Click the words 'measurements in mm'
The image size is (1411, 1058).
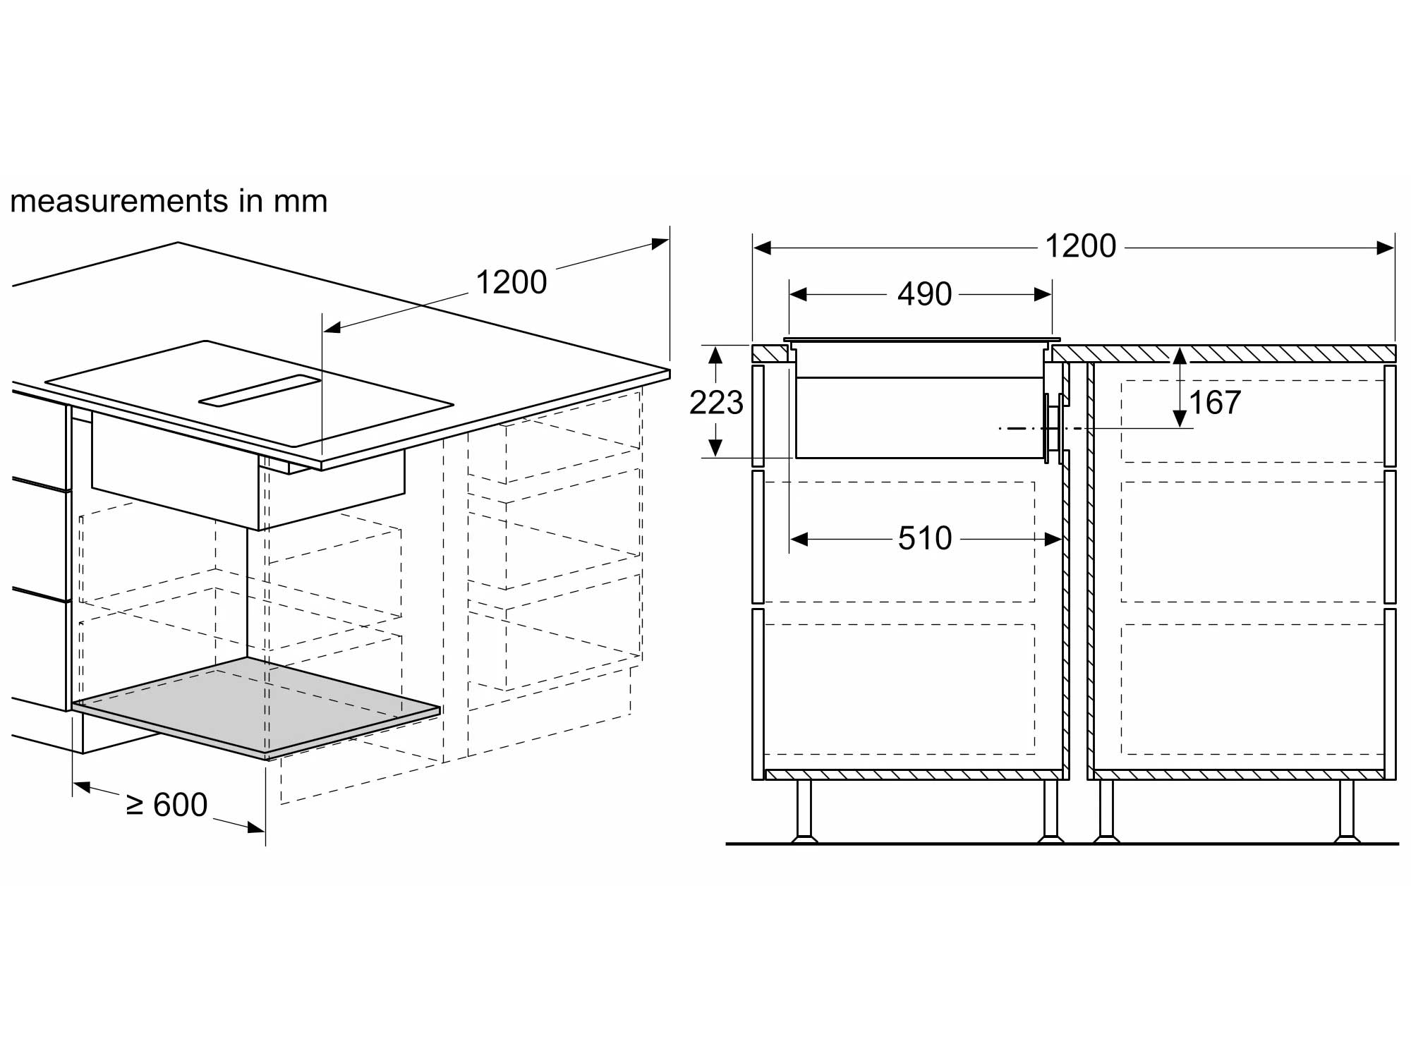click(x=169, y=201)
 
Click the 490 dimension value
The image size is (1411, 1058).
click(x=924, y=294)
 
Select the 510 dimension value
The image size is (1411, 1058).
click(x=924, y=539)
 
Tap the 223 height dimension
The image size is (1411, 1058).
click(x=716, y=403)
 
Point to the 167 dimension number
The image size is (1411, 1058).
click(x=1215, y=403)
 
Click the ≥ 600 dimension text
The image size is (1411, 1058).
click(x=166, y=805)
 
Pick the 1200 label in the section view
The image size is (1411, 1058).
click(x=1080, y=246)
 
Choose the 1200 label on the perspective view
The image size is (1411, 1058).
click(x=511, y=283)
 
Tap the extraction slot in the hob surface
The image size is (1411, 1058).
click(x=260, y=391)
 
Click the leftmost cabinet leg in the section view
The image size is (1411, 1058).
click(x=804, y=811)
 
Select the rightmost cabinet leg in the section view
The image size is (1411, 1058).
click(x=1346, y=811)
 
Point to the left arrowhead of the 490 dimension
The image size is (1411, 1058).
click(x=798, y=294)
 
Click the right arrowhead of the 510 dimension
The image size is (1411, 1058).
click(x=1053, y=540)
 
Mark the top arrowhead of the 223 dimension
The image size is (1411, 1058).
click(x=716, y=354)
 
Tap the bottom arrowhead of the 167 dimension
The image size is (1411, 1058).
click(x=1180, y=419)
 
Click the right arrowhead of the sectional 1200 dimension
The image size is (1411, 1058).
click(x=1386, y=248)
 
